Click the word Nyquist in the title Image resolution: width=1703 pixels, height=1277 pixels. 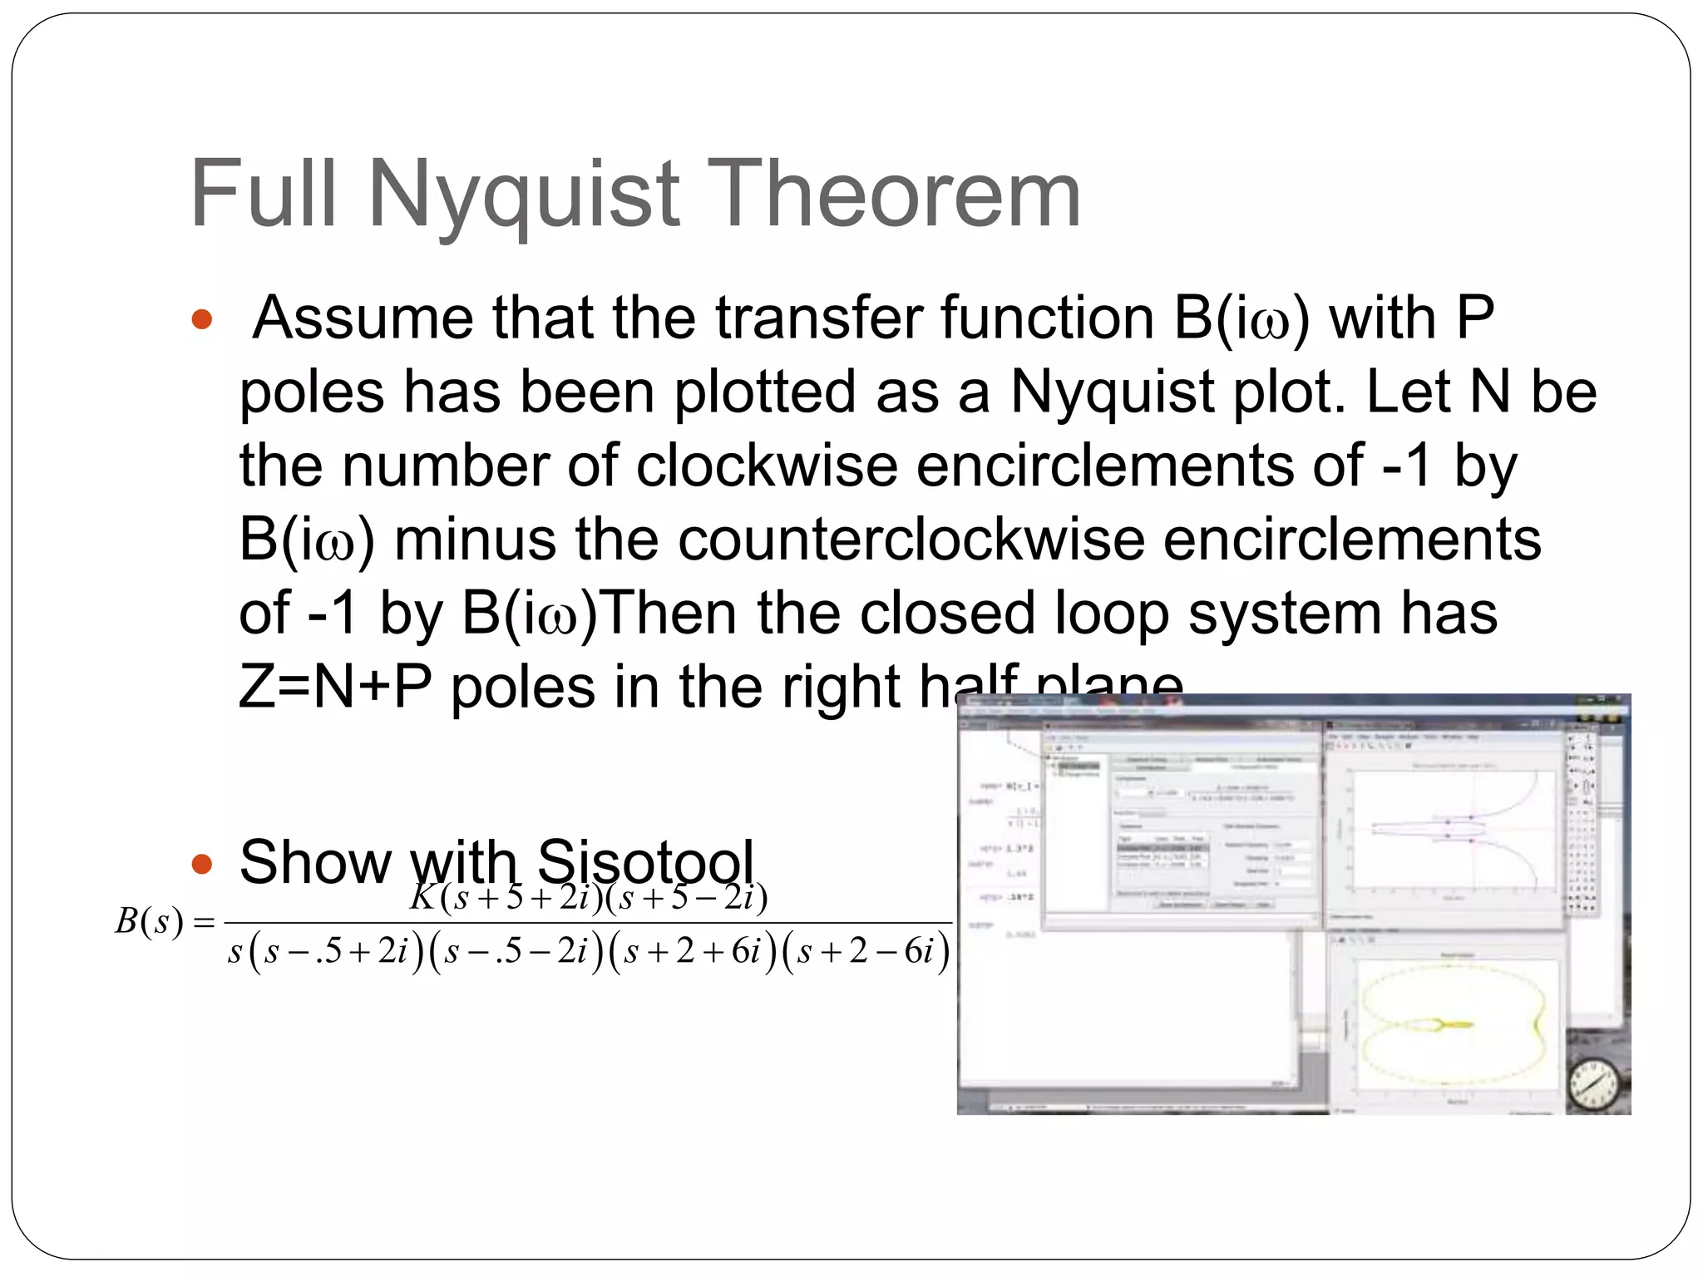526,195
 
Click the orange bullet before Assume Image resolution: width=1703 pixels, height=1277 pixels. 202,320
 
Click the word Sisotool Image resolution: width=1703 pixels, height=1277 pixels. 645,862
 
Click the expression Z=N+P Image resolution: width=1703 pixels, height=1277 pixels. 334,688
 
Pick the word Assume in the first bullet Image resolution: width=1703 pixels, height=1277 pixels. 363,318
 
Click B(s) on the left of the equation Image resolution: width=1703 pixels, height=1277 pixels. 149,922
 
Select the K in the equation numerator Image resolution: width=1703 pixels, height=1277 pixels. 424,898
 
